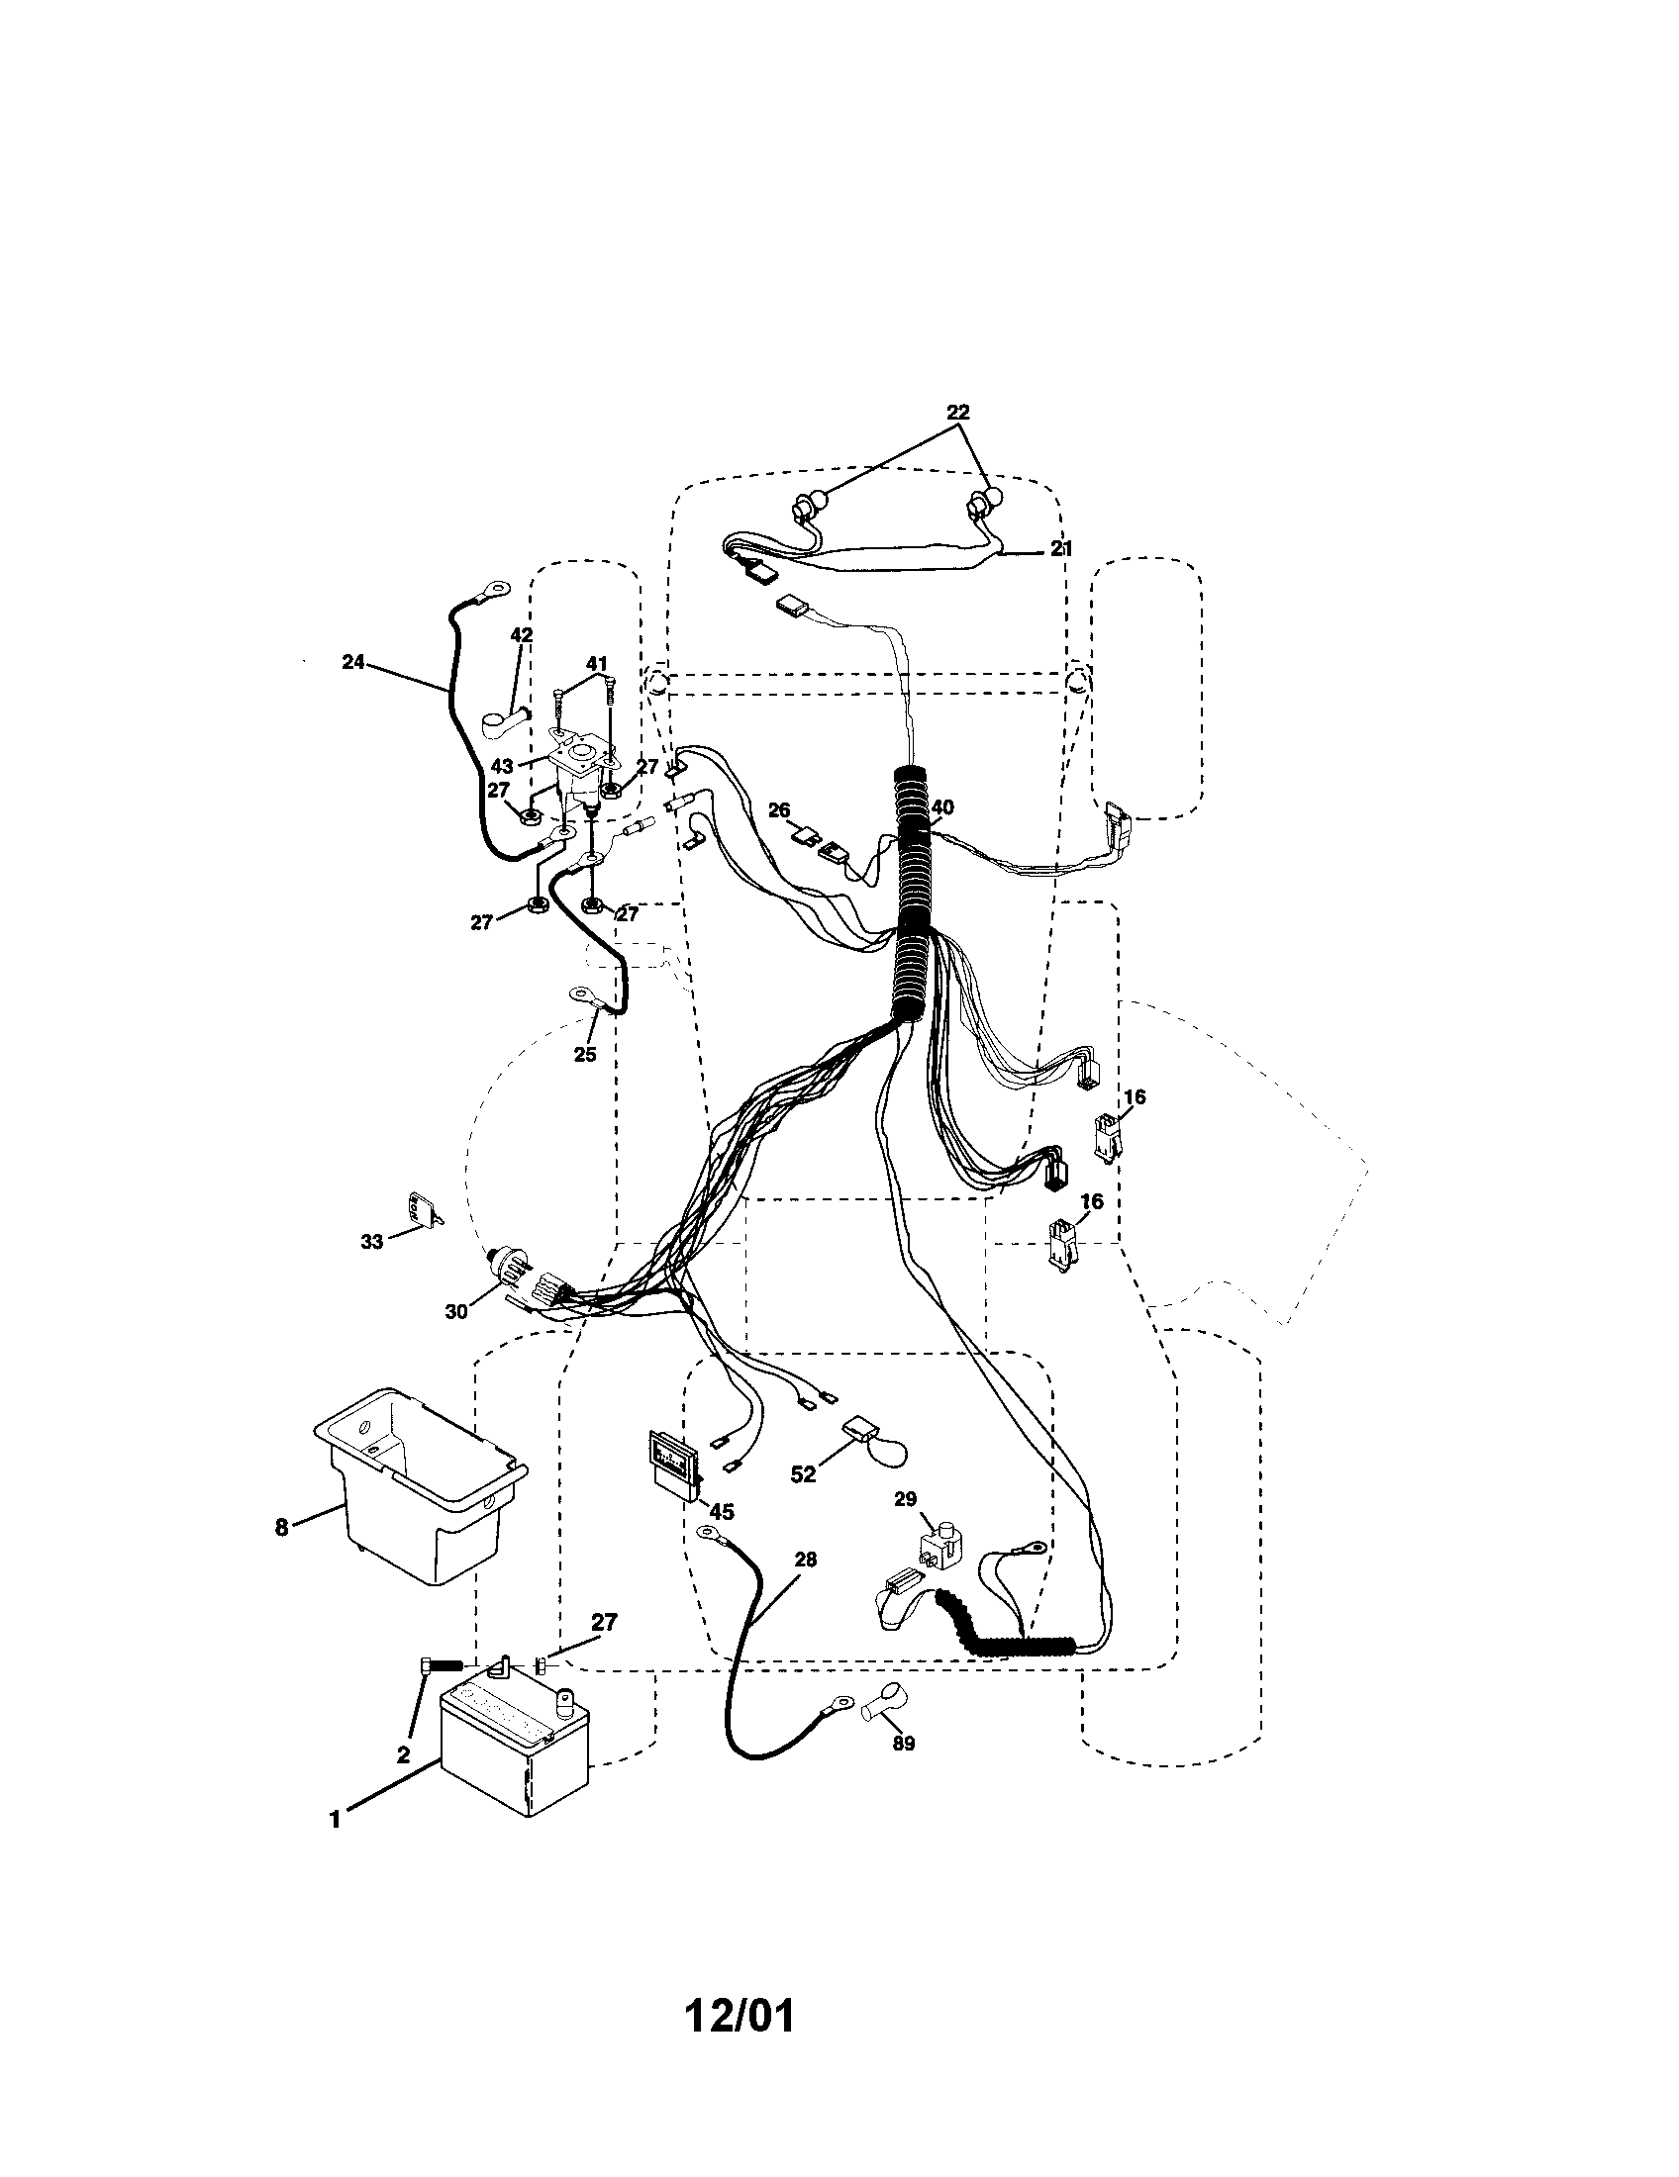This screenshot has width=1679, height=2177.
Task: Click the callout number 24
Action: point(353,661)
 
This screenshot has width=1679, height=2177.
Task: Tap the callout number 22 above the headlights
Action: point(957,412)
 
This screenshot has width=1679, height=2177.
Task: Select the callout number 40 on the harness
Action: point(942,806)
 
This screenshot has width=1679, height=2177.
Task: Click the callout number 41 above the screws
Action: point(596,663)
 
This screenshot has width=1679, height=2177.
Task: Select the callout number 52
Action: point(803,1502)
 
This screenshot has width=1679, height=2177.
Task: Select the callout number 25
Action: point(584,1054)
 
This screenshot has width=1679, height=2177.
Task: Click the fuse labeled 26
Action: point(806,833)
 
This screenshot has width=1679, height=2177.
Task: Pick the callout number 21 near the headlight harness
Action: point(1061,548)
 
